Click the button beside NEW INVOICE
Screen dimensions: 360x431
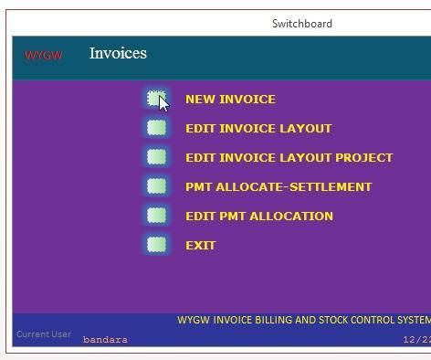(156, 99)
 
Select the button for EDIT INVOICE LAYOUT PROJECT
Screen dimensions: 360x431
(156, 157)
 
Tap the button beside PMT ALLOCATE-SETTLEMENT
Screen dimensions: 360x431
(156, 186)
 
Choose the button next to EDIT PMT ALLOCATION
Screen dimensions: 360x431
(156, 216)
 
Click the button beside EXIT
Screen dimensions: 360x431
(156, 245)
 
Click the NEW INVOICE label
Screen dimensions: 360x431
(230, 100)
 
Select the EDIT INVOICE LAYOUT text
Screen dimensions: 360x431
(258, 129)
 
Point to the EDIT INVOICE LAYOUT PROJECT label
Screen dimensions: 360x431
(289, 158)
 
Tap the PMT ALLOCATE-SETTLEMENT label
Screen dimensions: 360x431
(279, 187)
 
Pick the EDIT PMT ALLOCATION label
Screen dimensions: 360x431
(259, 217)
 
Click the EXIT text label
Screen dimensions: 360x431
(200, 246)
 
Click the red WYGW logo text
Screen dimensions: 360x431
(44, 56)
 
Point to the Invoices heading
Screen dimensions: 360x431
(118, 53)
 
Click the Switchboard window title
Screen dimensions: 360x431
(302, 24)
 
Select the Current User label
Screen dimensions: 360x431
(43, 334)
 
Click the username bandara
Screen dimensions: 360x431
(105, 340)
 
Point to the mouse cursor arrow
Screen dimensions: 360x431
(163, 103)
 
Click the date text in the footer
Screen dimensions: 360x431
(416, 340)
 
